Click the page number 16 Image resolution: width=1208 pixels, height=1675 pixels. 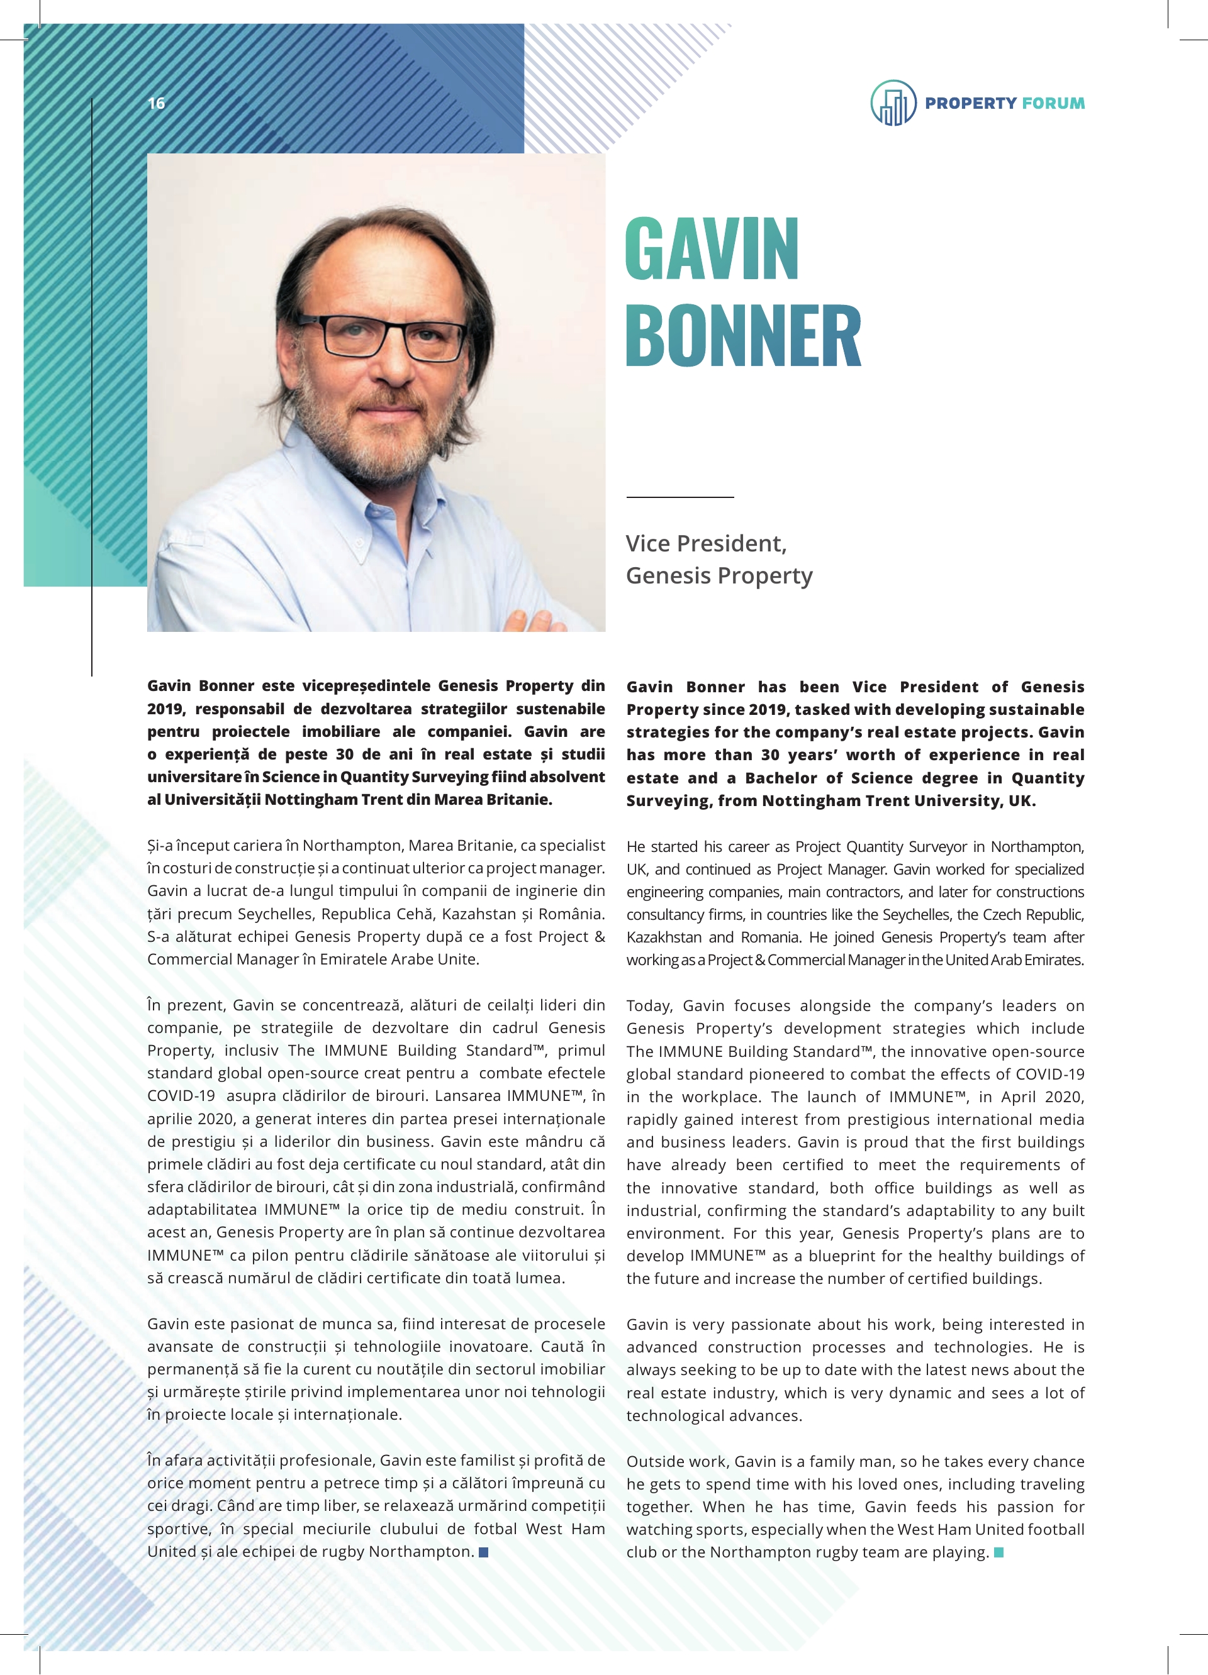point(157,103)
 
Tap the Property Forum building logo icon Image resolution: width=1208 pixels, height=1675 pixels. point(893,103)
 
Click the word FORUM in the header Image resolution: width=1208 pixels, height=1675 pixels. point(1054,103)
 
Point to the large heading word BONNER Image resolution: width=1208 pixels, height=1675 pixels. point(743,335)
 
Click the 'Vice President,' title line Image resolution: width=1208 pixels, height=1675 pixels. point(705,544)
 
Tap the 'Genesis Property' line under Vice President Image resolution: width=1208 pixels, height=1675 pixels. point(719,575)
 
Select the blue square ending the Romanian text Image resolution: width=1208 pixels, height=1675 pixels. point(484,1552)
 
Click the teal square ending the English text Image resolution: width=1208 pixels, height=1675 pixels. point(999,1552)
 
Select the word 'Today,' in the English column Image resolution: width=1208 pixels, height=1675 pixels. point(649,1006)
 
